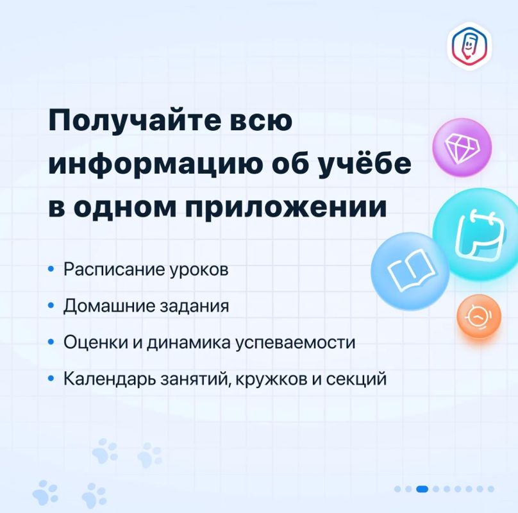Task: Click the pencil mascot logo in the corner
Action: (469, 46)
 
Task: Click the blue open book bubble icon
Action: (410, 271)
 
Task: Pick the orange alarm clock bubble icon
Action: (479, 316)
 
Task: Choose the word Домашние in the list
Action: (110, 306)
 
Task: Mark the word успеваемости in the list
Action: (295, 343)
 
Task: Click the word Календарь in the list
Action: (110, 378)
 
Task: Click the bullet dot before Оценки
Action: (51, 342)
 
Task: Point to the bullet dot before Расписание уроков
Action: (51, 269)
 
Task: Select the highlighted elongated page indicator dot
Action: (422, 489)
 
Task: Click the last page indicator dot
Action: (491, 489)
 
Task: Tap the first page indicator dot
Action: (397, 489)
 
